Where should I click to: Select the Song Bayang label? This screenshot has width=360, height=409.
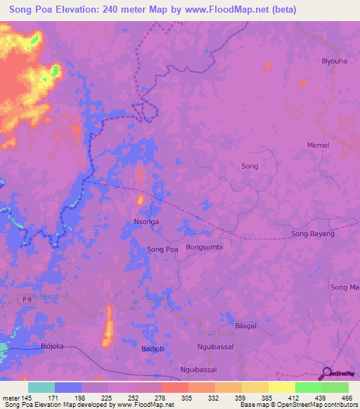313,233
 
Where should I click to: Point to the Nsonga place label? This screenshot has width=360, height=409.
146,221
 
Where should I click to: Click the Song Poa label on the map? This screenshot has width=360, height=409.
162,249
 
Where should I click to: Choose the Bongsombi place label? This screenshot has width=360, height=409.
204,247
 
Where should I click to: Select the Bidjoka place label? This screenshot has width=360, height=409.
53,346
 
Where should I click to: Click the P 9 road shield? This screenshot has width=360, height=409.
27,299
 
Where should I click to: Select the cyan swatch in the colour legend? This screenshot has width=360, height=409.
41,387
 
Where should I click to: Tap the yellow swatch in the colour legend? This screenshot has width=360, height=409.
282,387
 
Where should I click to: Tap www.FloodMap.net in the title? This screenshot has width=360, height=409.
224,9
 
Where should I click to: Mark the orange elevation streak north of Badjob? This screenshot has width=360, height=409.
108,326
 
